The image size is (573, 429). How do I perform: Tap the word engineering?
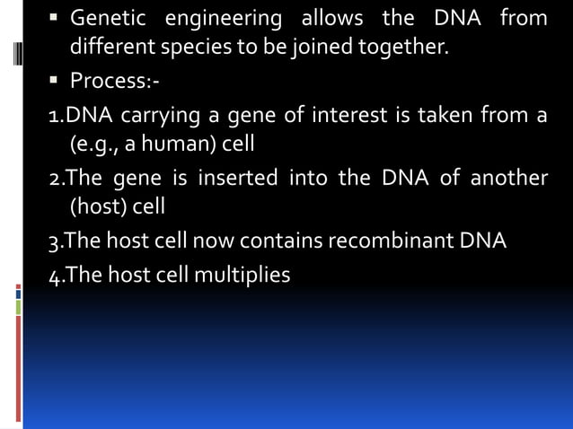pyautogui.click(x=221, y=18)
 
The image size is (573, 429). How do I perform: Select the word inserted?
pyautogui.click(x=237, y=178)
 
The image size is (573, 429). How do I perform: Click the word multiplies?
pyautogui.click(x=245, y=275)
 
